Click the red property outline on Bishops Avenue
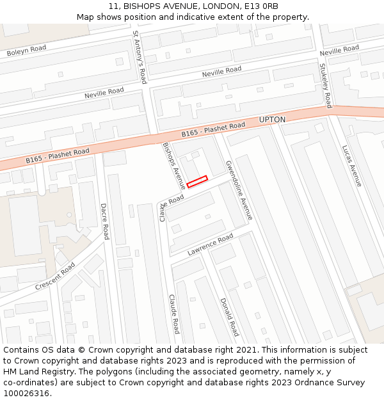[x=197, y=181]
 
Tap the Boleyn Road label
[x=27, y=51]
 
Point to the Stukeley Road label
[x=325, y=85]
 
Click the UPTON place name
[x=272, y=120]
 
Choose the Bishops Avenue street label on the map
[x=173, y=165]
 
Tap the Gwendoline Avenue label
[x=239, y=190]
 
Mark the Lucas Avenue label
[x=351, y=166]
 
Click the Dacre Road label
[x=105, y=221]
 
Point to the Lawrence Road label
[x=210, y=246]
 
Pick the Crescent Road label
[x=55, y=276]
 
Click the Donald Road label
[x=229, y=317]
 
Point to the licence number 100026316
[x=28, y=393]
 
